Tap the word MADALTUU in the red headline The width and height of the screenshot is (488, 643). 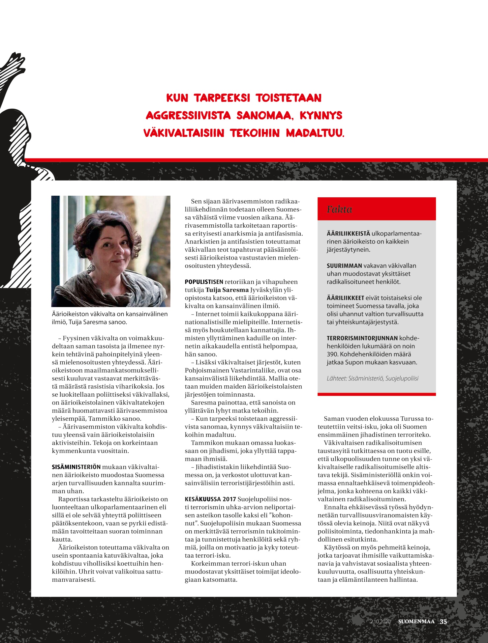(315, 133)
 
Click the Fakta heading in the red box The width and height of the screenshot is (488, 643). (339, 210)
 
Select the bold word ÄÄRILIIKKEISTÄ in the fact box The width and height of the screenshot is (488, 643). (349, 234)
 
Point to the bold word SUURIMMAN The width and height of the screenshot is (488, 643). (344, 266)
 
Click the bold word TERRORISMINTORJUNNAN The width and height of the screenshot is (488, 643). (362, 338)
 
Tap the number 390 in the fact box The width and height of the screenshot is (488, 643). (332, 354)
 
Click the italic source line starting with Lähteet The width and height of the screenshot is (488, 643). (372, 378)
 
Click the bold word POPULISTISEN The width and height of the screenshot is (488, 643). (204, 282)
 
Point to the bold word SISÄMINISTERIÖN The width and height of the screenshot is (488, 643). (76, 467)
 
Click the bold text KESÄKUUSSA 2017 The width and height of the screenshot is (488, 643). (210, 499)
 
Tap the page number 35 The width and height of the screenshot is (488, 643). (443, 622)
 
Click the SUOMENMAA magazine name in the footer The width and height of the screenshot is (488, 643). (416, 622)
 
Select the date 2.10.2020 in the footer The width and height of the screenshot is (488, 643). (380, 622)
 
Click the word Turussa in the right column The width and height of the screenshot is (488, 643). (411, 419)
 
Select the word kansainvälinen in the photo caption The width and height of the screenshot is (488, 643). (146, 314)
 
